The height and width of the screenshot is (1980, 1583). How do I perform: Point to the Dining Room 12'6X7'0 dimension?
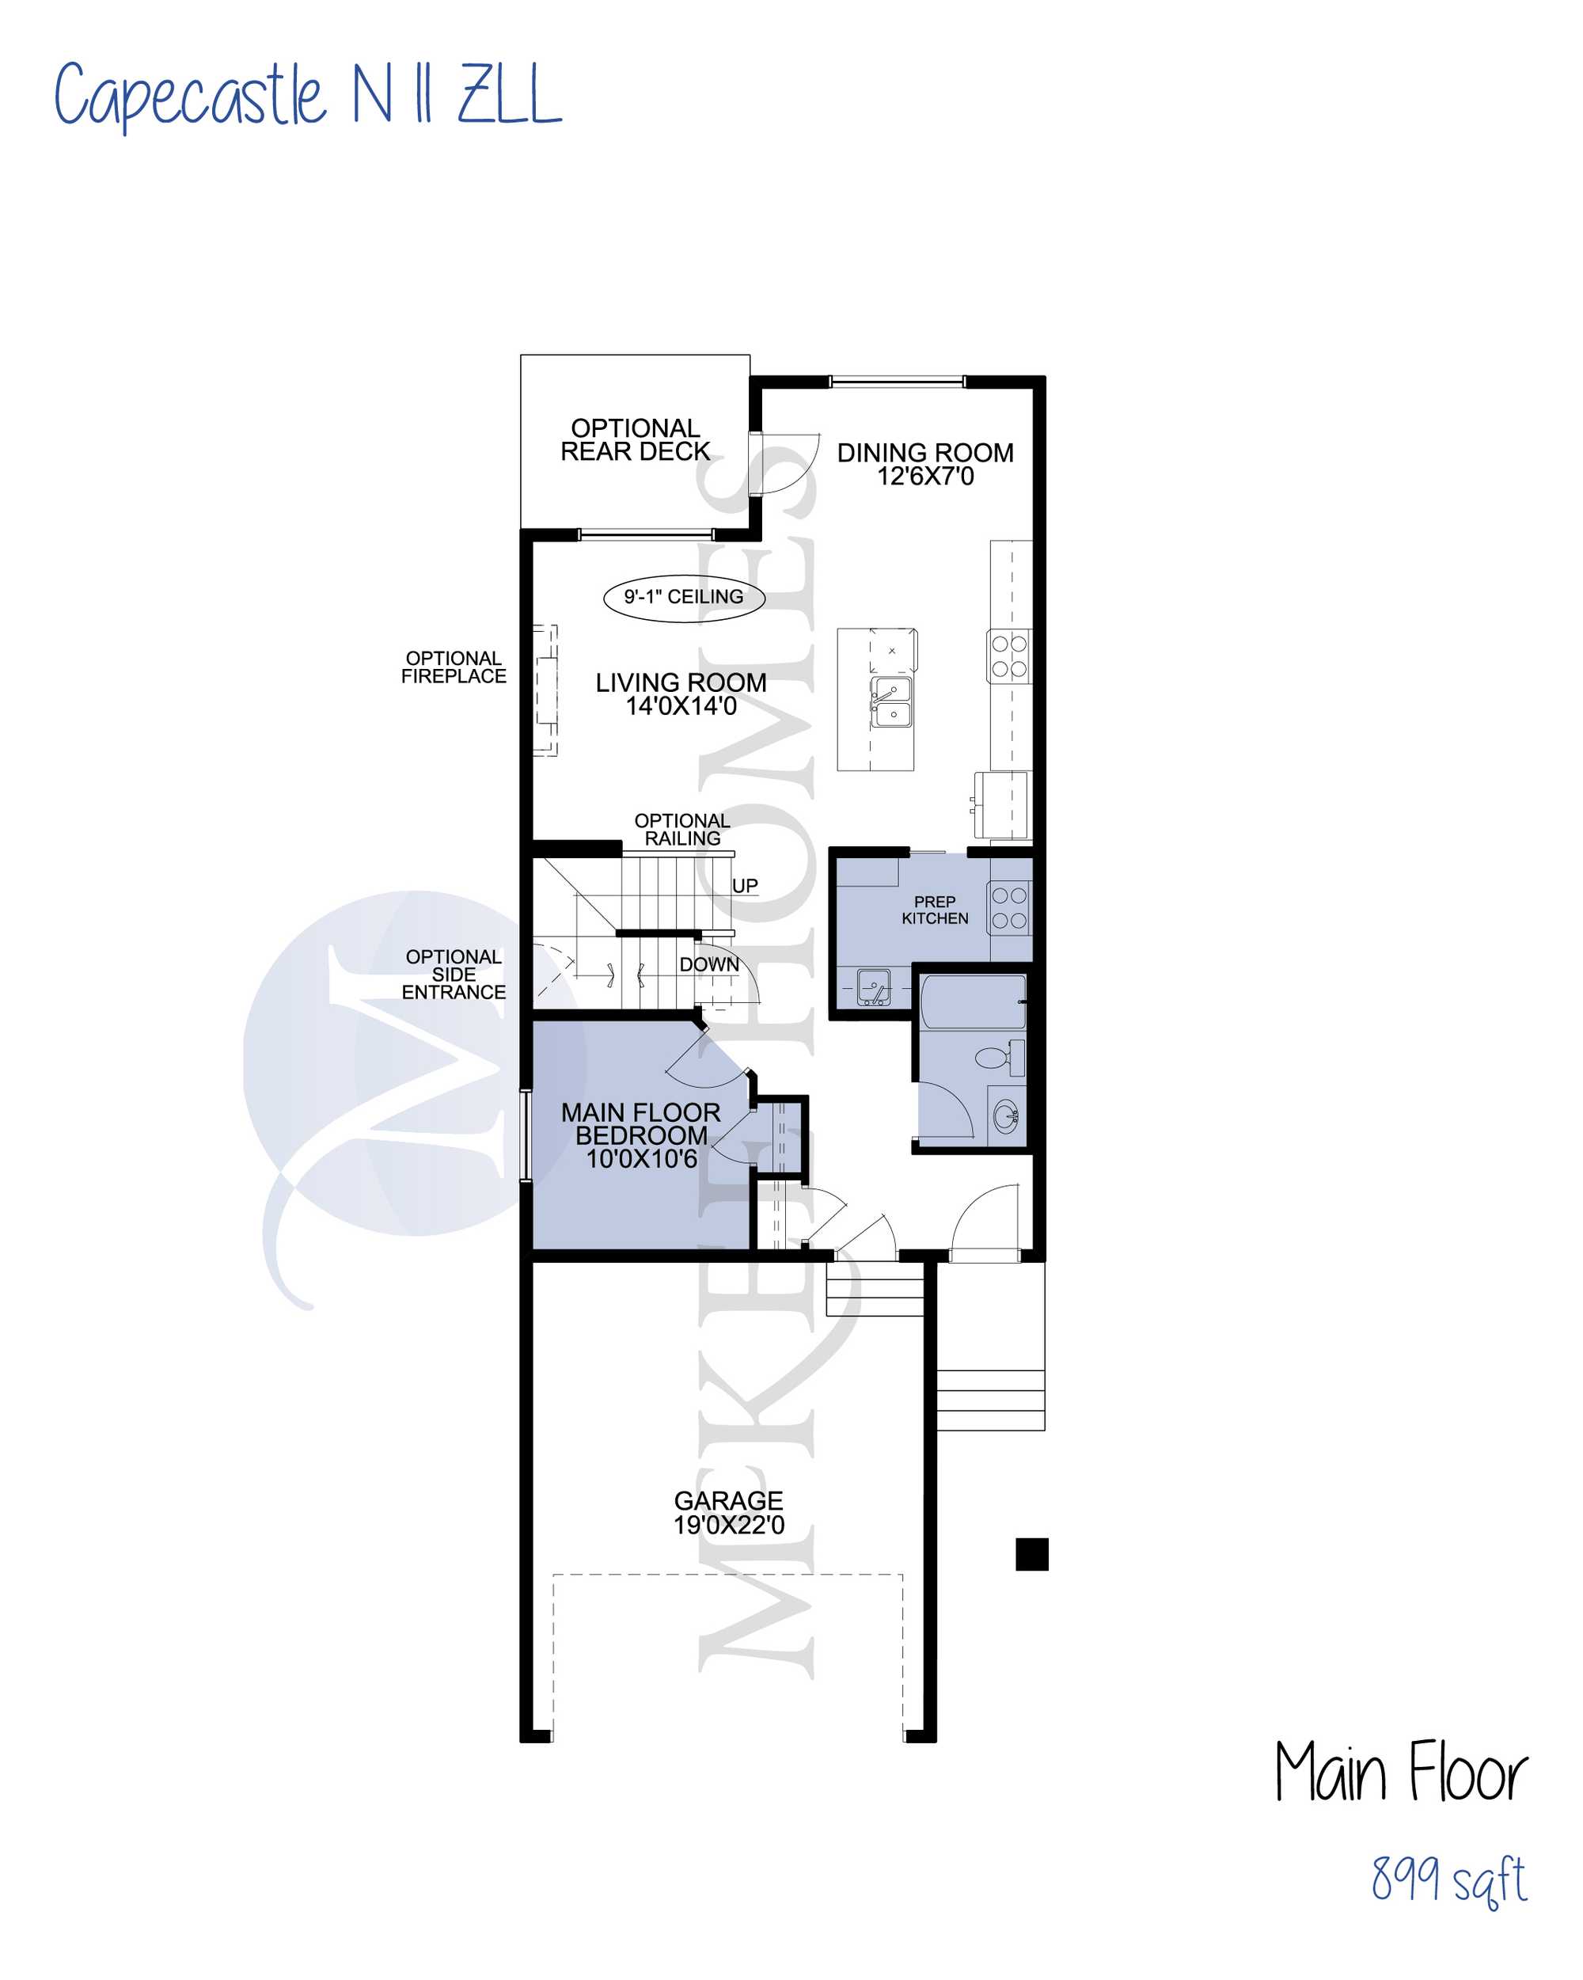(x=924, y=476)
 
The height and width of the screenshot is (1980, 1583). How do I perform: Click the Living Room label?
(x=681, y=682)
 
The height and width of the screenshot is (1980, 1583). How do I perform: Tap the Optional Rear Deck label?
(x=636, y=440)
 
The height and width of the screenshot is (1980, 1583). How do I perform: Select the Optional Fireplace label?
(x=454, y=667)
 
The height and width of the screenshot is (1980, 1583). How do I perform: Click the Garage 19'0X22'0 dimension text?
(x=729, y=1525)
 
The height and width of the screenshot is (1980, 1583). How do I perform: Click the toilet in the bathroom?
(x=999, y=1057)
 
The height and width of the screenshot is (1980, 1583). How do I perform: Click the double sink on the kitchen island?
(x=890, y=701)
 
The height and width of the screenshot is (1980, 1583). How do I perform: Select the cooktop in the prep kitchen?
(x=1009, y=907)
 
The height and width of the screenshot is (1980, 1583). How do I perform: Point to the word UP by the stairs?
(x=745, y=886)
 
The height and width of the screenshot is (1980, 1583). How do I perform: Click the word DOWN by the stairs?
(x=709, y=964)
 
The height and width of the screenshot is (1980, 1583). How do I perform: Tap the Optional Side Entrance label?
(x=454, y=975)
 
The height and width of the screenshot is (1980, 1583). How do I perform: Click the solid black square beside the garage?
(x=1032, y=1555)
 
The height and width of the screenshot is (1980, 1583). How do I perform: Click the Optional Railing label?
(x=682, y=829)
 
